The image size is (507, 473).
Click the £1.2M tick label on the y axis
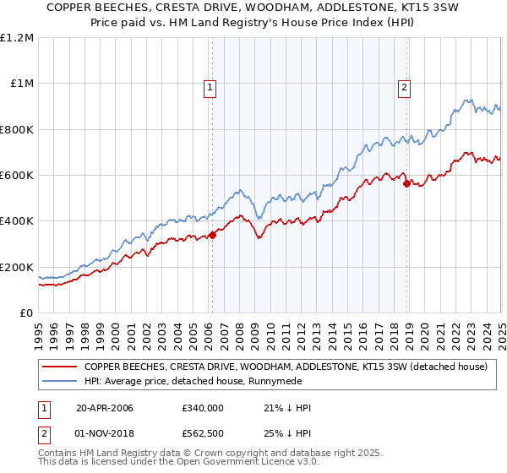pyautogui.click(x=17, y=38)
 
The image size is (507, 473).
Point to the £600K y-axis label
pyautogui.click(x=17, y=176)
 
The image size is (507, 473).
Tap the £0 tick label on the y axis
pyautogui.click(x=27, y=313)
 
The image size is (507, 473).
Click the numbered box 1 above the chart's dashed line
pyautogui.click(x=209, y=86)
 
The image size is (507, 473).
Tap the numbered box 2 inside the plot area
pyautogui.click(x=405, y=86)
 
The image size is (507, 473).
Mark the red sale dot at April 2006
pyautogui.click(x=212, y=236)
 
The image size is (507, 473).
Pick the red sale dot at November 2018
pyautogui.click(x=406, y=183)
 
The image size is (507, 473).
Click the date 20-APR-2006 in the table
pyautogui.click(x=105, y=409)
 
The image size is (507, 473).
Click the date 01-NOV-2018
pyautogui.click(x=105, y=434)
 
